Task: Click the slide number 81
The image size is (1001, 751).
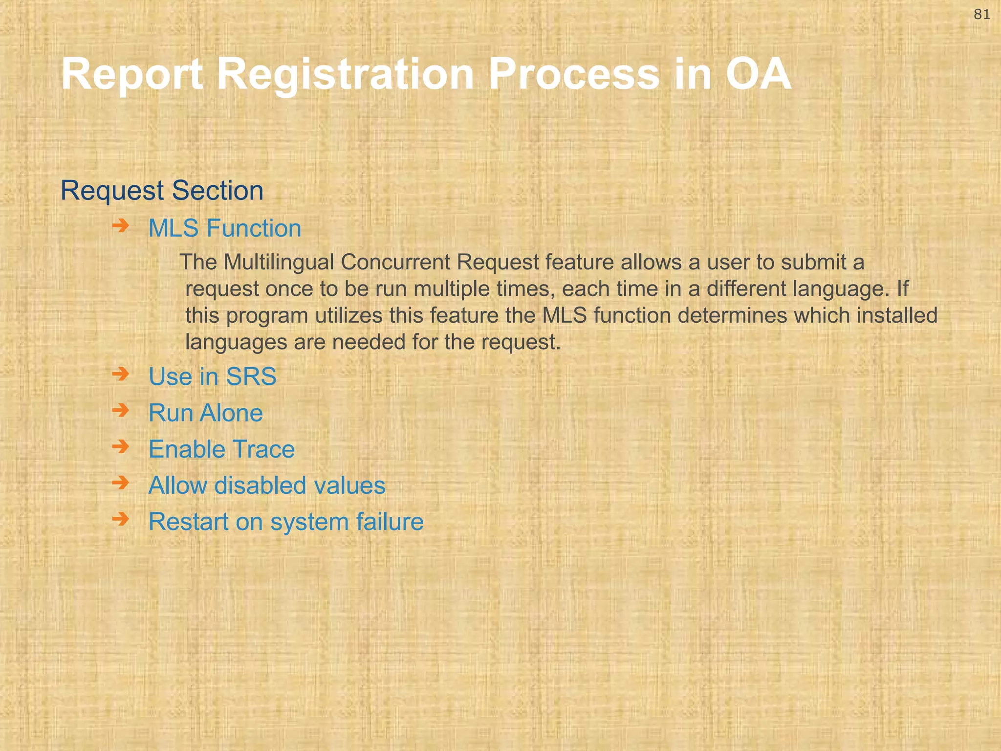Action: pyautogui.click(x=982, y=15)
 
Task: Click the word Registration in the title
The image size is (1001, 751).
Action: pyautogui.click(x=345, y=74)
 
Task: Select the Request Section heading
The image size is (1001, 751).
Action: pyautogui.click(x=162, y=190)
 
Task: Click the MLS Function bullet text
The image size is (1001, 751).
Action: pyautogui.click(x=225, y=228)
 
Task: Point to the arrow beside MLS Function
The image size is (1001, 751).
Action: pyautogui.click(x=120, y=226)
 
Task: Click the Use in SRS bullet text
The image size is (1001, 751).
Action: pyautogui.click(x=212, y=376)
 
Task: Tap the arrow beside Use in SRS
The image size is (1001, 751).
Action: pyautogui.click(x=120, y=375)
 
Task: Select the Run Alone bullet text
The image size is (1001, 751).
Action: pyautogui.click(x=205, y=413)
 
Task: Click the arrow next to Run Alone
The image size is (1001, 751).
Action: pyautogui.click(x=120, y=410)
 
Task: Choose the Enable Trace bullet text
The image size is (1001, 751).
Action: pyautogui.click(x=221, y=449)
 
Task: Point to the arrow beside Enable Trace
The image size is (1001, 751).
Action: pyautogui.click(x=120, y=446)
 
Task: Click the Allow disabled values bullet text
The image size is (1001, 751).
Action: pyautogui.click(x=267, y=486)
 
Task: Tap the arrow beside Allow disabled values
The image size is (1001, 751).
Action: pyautogui.click(x=120, y=483)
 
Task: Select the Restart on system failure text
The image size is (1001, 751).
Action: pyautogui.click(x=286, y=522)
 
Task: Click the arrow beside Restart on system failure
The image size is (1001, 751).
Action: pyautogui.click(x=120, y=519)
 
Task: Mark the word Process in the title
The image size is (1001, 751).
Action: pyautogui.click(x=574, y=74)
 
